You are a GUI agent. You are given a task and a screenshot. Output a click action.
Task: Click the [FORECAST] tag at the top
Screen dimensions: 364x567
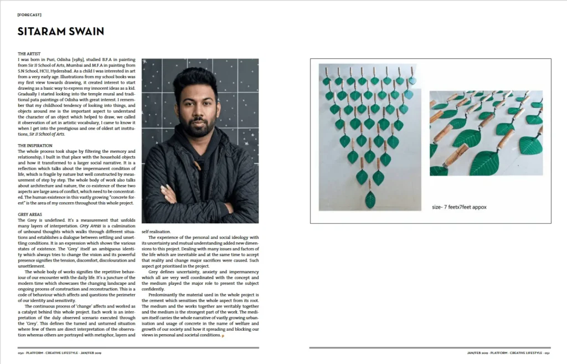click(29, 14)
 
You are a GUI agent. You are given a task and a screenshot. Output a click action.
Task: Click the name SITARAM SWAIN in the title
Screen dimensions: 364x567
click(61, 31)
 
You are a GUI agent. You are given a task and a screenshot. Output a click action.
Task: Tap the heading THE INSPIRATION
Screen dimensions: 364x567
click(37, 146)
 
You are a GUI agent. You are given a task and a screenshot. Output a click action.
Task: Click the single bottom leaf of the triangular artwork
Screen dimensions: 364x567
click(370, 199)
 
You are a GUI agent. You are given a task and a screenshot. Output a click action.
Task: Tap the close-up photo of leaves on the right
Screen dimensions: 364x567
click(486, 132)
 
